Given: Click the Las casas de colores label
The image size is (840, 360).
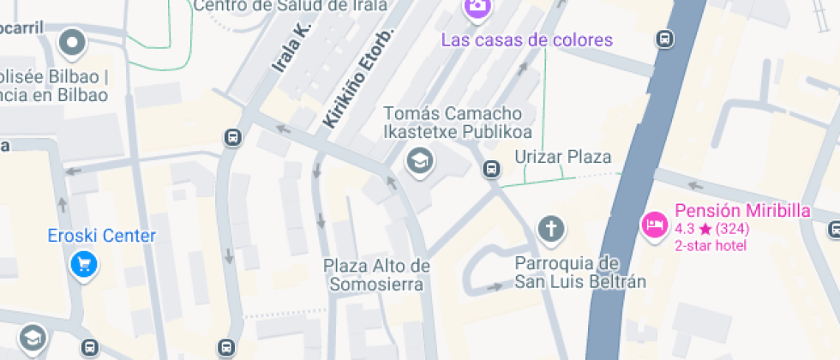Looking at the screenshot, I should tap(527, 39).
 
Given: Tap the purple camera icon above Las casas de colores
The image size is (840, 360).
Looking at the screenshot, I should tap(477, 8).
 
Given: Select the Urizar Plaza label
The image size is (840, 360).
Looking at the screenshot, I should tap(562, 156).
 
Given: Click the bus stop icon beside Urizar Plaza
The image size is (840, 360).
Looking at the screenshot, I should tap(491, 169).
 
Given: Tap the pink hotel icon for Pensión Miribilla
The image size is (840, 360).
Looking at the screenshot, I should tap(655, 225).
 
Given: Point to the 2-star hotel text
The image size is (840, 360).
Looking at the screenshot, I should tap(711, 246).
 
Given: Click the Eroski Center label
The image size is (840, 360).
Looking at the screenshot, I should tap(103, 236).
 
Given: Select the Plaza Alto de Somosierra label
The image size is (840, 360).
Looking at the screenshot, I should tap(376, 274).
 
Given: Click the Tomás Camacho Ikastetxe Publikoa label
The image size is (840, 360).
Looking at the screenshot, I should tap(458, 123).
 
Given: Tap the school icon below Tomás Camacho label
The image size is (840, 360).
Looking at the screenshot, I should tap(419, 159).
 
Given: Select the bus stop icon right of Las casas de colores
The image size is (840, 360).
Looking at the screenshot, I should tap(664, 39).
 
